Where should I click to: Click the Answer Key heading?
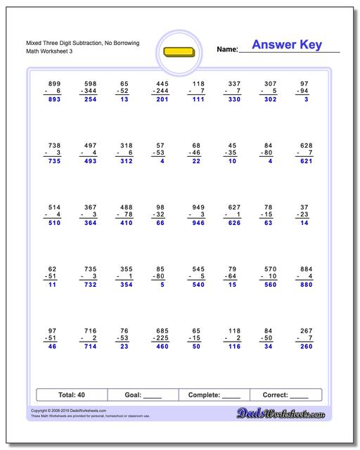point(286,46)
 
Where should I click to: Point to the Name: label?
point(227,50)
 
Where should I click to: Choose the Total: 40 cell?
point(71,394)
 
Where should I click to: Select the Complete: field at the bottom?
point(214,394)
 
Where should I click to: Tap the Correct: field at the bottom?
point(285,394)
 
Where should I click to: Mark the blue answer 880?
point(305,285)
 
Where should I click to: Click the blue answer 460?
point(162,347)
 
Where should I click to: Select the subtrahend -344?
point(88,91)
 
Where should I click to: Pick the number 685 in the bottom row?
point(162,330)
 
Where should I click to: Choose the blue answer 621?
point(305,161)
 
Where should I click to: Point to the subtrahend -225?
point(160,338)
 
